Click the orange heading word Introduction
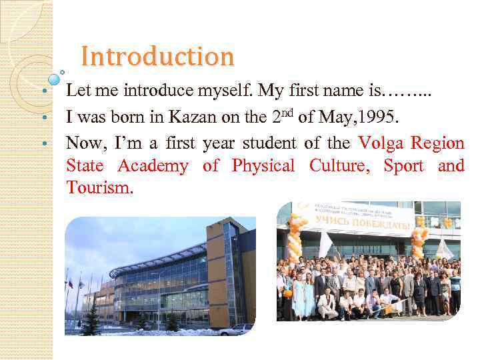click(157, 57)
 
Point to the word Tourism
click(99, 189)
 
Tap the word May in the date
click(337, 119)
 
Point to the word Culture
click(339, 166)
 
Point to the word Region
click(437, 143)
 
